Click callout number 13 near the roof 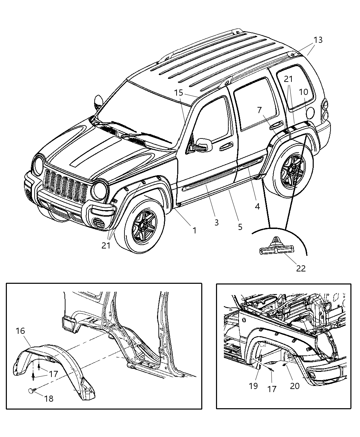(x=318, y=40)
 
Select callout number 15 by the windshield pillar (x=178, y=93)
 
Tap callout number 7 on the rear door (x=259, y=110)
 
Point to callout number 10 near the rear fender (x=303, y=92)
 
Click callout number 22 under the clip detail (x=300, y=268)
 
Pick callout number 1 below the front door (x=194, y=230)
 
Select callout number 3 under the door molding (x=216, y=222)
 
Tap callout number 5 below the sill (x=240, y=227)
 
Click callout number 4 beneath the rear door (x=257, y=206)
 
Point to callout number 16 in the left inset (x=20, y=331)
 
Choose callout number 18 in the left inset (x=49, y=399)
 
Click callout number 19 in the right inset (x=253, y=386)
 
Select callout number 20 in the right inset (x=295, y=386)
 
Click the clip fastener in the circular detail (x=275, y=247)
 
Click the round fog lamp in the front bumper (x=99, y=223)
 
